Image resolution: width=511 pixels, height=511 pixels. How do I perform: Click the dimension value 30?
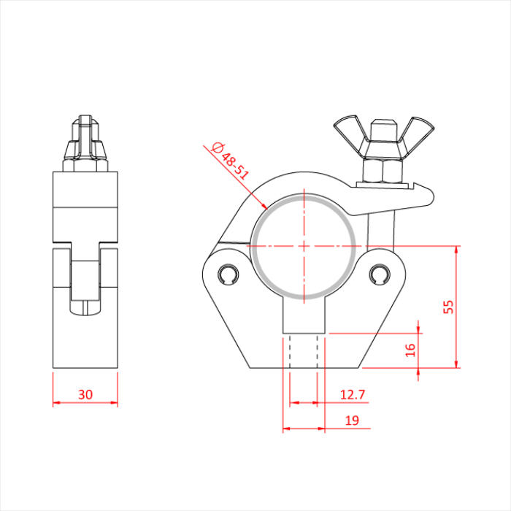coord(85,395)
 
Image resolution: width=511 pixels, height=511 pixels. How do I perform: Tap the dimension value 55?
coord(449,307)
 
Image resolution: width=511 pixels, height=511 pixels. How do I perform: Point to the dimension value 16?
coord(410,350)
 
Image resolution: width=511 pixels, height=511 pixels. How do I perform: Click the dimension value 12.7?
coord(352,395)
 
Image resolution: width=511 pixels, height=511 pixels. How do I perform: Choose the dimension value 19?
coord(351,420)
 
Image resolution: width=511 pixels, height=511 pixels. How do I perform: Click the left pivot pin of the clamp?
coord(228,275)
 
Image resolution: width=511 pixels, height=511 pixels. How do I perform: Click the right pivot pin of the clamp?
coord(379,275)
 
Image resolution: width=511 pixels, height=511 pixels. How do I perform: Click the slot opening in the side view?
coord(86,281)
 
